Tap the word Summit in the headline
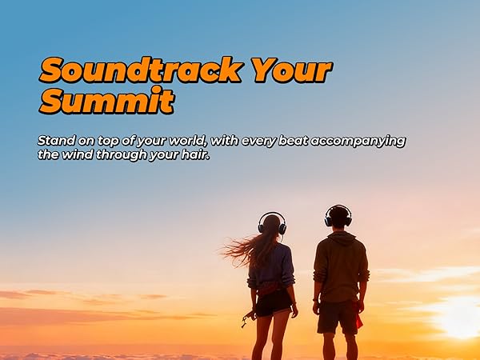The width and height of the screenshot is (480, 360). point(106,102)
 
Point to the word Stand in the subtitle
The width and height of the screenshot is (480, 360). point(57,141)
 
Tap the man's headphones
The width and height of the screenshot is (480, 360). point(338,215)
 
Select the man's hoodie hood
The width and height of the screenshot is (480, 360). point(340,238)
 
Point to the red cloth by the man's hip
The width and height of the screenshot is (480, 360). point(358,318)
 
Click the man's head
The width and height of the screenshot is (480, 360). point(338,217)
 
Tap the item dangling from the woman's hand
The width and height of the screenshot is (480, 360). point(246,319)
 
